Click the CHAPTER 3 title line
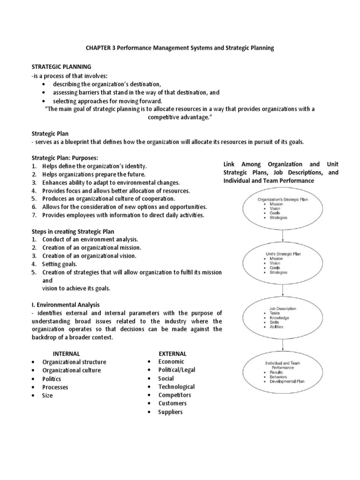click(x=179, y=48)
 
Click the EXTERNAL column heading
click(x=172, y=353)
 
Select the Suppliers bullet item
click(x=170, y=412)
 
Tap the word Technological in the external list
click(x=176, y=387)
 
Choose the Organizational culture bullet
click(x=71, y=370)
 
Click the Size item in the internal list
click(x=47, y=396)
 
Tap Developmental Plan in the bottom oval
click(x=287, y=382)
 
